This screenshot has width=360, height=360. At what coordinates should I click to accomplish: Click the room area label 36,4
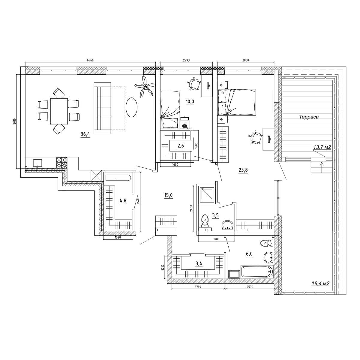point(85,134)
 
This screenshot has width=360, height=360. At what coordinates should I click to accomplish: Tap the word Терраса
point(309,117)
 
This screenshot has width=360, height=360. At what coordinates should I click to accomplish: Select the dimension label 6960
point(90,60)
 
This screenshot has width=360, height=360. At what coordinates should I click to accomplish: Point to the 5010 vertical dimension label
point(15,121)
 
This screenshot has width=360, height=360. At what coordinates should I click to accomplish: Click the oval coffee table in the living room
point(131,107)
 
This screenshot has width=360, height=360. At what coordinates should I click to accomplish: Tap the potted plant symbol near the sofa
point(145,86)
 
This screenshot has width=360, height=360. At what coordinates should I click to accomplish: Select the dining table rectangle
point(59,111)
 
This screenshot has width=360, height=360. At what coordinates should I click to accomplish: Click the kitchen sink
point(37,163)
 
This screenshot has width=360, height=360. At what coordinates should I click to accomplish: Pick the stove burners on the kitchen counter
point(62,163)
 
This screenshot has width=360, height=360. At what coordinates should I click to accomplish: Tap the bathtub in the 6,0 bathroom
point(257,272)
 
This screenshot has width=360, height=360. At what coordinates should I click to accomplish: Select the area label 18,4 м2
point(320,283)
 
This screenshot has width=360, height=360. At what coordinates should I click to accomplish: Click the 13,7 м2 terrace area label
point(322,147)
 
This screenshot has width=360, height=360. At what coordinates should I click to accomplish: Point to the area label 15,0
point(168,195)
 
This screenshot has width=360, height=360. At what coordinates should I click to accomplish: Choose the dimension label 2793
point(186,60)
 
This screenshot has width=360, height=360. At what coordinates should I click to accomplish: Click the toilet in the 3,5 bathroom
point(205,221)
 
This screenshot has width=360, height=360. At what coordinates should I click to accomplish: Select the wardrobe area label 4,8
point(123,201)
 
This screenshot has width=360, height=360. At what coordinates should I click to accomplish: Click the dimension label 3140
point(138,201)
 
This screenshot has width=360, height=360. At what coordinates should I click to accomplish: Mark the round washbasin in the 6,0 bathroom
point(268,257)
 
